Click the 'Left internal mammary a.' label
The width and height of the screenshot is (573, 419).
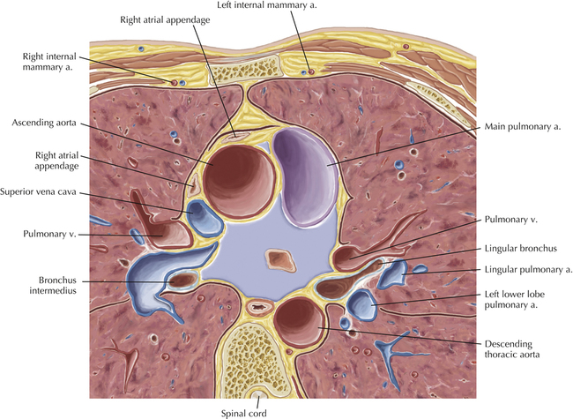click(252, 6)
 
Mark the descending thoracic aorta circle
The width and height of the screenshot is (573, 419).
click(298, 319)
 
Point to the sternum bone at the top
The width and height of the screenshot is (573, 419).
click(239, 66)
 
